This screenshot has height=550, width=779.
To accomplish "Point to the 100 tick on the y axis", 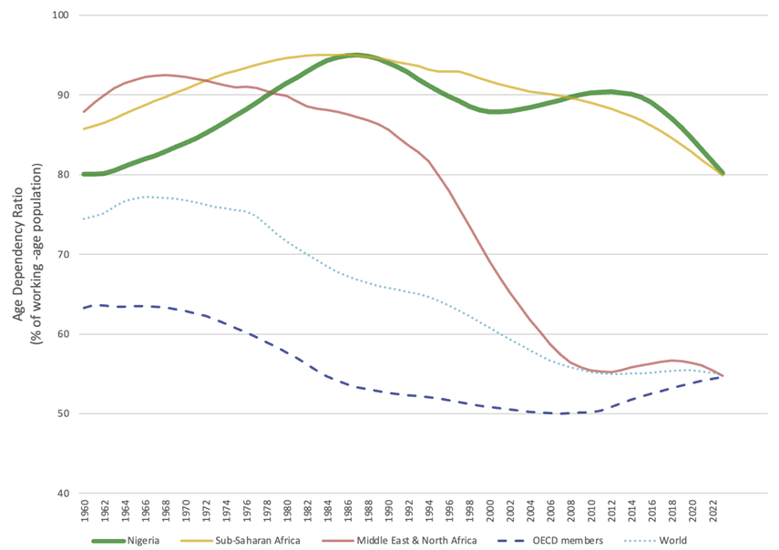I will tap(64, 15).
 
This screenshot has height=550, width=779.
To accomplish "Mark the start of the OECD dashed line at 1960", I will tap(84, 308).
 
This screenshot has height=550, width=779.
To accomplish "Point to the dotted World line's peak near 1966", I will tap(145, 197).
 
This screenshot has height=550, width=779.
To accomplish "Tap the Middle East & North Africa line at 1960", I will tap(84, 112).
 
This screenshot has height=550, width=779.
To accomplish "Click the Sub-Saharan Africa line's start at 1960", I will tap(84, 128).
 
